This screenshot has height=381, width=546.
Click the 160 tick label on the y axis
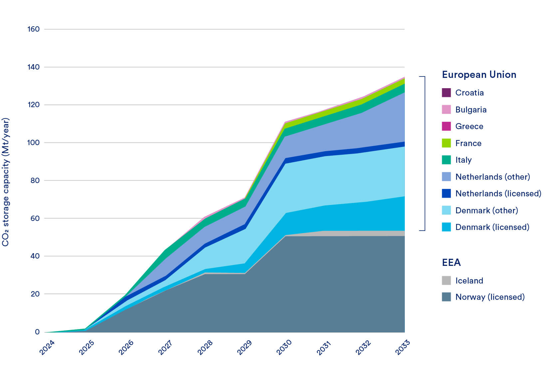point(33,29)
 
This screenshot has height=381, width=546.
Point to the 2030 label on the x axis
point(284,347)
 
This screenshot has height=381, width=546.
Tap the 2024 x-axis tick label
point(47,347)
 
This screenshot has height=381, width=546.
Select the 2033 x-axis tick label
point(403,347)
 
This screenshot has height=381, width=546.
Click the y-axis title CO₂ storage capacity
point(6,182)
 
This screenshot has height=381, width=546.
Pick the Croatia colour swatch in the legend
point(446,93)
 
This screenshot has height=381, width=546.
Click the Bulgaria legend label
point(471,110)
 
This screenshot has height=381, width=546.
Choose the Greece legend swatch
point(446,126)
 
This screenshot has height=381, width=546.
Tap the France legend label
point(468,143)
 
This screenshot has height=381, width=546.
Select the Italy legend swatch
point(446,160)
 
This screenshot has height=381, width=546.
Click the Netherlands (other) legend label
point(492,177)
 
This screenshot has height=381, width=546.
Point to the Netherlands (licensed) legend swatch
point(446,194)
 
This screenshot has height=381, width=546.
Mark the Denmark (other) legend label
point(486,211)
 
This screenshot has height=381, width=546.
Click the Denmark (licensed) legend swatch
point(446,227)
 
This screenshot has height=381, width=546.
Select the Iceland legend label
point(469,281)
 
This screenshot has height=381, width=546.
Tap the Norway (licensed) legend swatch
point(446,297)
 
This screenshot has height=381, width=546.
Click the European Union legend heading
point(479,75)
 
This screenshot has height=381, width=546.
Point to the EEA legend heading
point(451,263)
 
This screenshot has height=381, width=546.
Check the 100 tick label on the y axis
point(33,143)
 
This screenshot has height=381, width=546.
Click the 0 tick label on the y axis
point(37,332)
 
